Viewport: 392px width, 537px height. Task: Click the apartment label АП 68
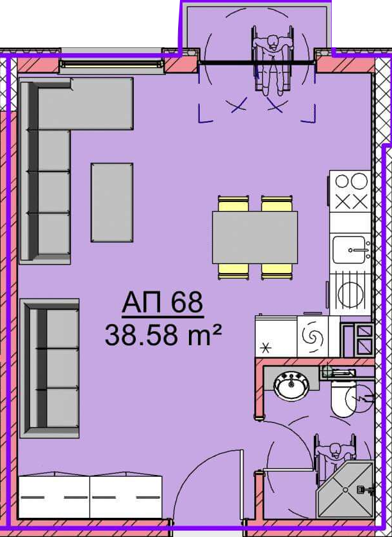163,302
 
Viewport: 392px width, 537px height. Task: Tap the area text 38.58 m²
163,335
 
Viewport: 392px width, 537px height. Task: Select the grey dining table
255,238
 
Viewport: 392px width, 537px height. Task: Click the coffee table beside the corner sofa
112,203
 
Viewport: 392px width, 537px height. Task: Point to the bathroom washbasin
291,385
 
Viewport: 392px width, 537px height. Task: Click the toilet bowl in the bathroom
344,398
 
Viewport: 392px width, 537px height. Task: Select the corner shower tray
345,489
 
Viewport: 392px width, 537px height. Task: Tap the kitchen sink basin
349,250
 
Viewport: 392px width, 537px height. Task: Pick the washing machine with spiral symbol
313,336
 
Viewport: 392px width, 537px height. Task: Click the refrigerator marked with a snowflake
276,336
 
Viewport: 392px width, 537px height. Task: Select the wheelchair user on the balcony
274,61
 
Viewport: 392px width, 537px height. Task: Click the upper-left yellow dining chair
233,203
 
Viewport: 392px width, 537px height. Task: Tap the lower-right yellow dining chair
277,272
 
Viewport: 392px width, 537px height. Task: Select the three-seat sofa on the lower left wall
50,368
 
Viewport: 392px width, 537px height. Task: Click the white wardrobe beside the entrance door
90,496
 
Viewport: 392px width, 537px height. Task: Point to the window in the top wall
111,64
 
